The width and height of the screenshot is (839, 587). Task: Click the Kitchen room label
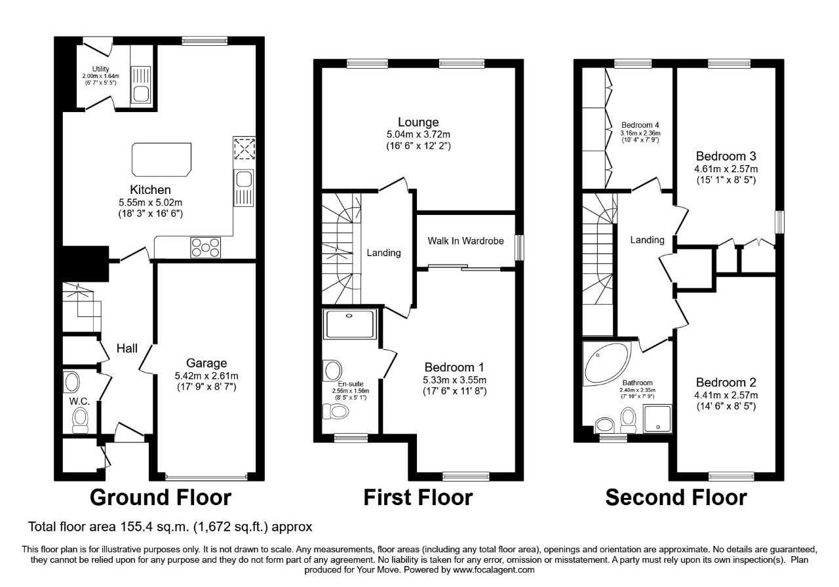pyautogui.click(x=150, y=189)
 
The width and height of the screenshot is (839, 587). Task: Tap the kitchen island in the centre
pyautogui.click(x=163, y=159)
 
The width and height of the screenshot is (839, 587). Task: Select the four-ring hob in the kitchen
pyautogui.click(x=206, y=247)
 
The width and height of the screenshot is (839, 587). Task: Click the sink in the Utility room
pyautogui.click(x=141, y=94)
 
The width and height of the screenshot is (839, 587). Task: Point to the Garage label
pyautogui.click(x=206, y=363)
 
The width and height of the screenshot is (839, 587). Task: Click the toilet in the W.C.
pyautogui.click(x=81, y=419)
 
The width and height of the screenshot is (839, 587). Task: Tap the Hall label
pyautogui.click(x=127, y=349)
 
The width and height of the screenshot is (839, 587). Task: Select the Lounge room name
pyautogui.click(x=418, y=123)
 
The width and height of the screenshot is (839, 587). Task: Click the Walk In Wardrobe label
pyautogui.click(x=466, y=241)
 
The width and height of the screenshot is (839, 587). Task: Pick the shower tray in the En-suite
pyautogui.click(x=351, y=324)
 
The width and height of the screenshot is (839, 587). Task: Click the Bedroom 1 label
pyautogui.click(x=454, y=367)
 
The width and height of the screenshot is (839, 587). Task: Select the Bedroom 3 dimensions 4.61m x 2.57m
pyautogui.click(x=726, y=168)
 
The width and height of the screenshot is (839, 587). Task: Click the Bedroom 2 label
pyautogui.click(x=726, y=383)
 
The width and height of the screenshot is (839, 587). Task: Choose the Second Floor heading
pyautogui.click(x=676, y=498)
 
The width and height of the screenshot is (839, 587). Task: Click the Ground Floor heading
pyautogui.click(x=161, y=498)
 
